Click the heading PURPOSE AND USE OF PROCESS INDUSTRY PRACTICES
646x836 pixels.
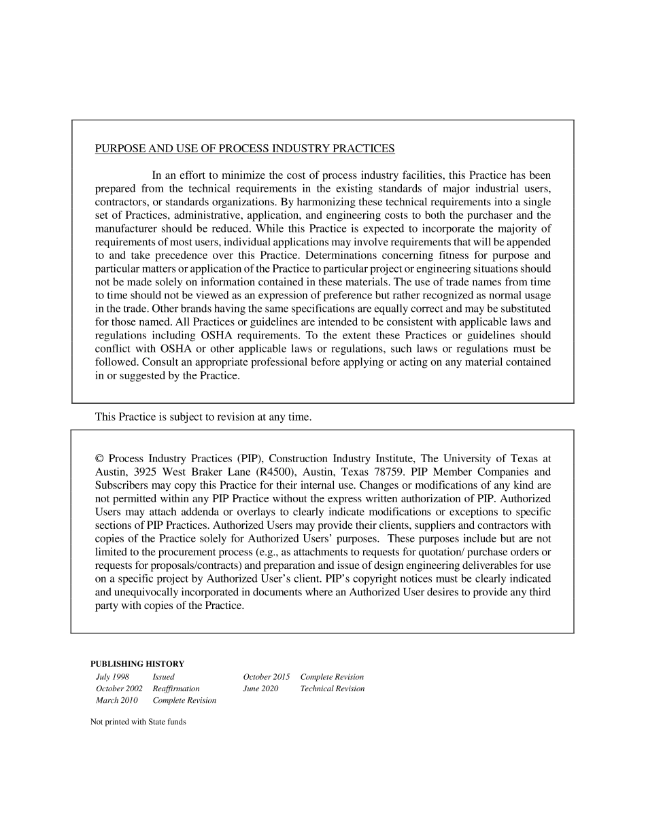click(x=244, y=148)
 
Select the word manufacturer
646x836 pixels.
click(x=127, y=228)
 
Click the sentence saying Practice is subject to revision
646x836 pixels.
click(x=203, y=417)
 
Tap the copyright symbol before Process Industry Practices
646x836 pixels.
click(x=99, y=459)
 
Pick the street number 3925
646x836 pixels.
click(x=145, y=472)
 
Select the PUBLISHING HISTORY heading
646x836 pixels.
click(x=137, y=664)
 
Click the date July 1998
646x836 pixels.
click(x=112, y=677)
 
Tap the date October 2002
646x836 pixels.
click(x=119, y=689)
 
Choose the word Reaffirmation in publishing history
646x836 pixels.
click(x=176, y=689)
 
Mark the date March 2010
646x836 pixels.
click(x=116, y=700)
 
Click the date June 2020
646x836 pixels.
click(x=260, y=689)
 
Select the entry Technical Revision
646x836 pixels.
click(x=332, y=689)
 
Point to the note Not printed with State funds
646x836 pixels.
click(x=138, y=722)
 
